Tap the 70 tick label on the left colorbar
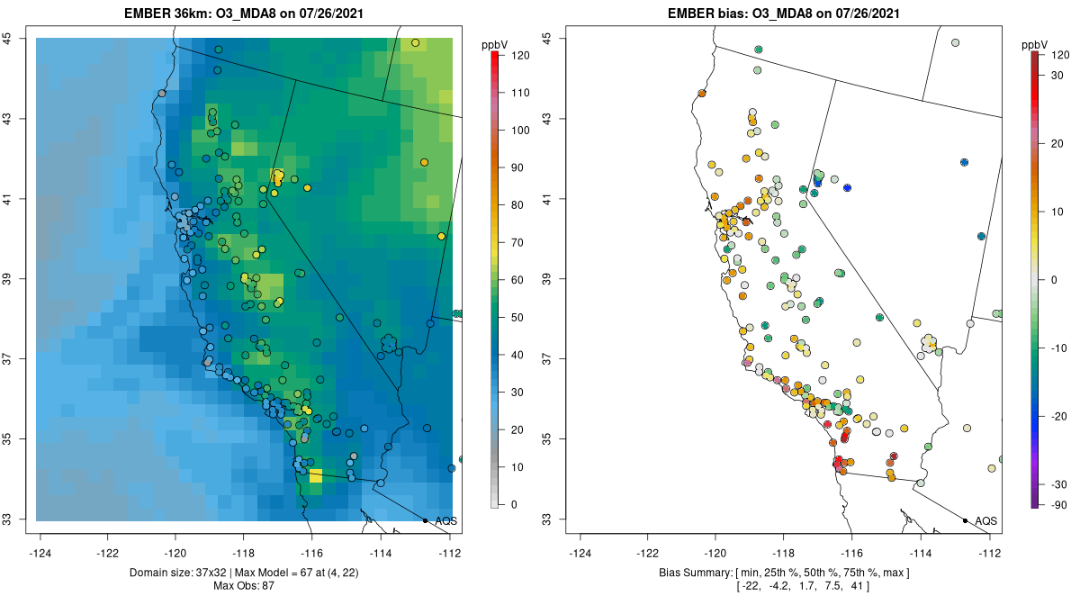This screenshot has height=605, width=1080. point(520,242)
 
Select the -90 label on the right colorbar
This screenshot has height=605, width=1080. point(1060,504)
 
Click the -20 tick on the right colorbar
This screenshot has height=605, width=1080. point(1060,416)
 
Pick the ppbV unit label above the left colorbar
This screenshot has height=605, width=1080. point(495,44)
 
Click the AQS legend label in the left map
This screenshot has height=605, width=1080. point(446,520)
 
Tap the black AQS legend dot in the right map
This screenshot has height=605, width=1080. point(965,520)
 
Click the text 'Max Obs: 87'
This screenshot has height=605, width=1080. point(244,586)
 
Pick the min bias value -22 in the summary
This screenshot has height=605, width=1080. point(749,586)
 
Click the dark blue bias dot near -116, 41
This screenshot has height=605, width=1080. point(847,187)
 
